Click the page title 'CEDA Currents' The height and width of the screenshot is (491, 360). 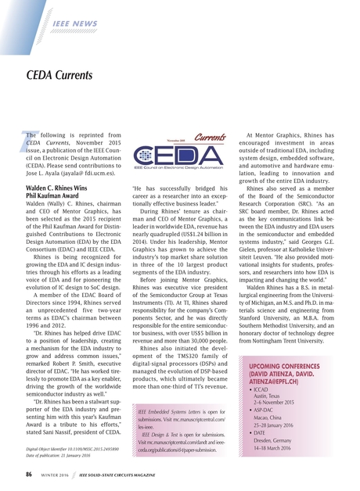coord(59,76)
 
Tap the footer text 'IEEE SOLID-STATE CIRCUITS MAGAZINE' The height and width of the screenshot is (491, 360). coord(139,475)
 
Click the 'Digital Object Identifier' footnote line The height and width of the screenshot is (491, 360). coord(72,448)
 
